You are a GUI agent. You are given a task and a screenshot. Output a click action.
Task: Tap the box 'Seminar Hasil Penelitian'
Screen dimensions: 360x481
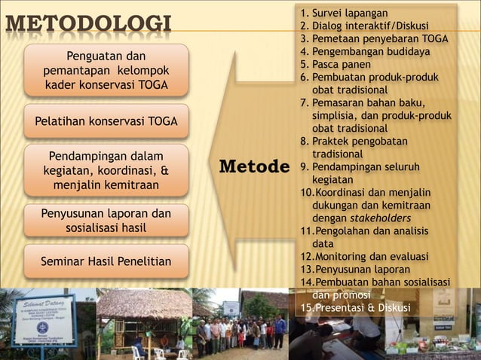106,261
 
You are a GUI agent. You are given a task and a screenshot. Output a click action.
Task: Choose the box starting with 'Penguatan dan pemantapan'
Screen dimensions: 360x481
106,70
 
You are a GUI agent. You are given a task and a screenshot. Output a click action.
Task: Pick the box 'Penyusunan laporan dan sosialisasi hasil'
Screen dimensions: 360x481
106,221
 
